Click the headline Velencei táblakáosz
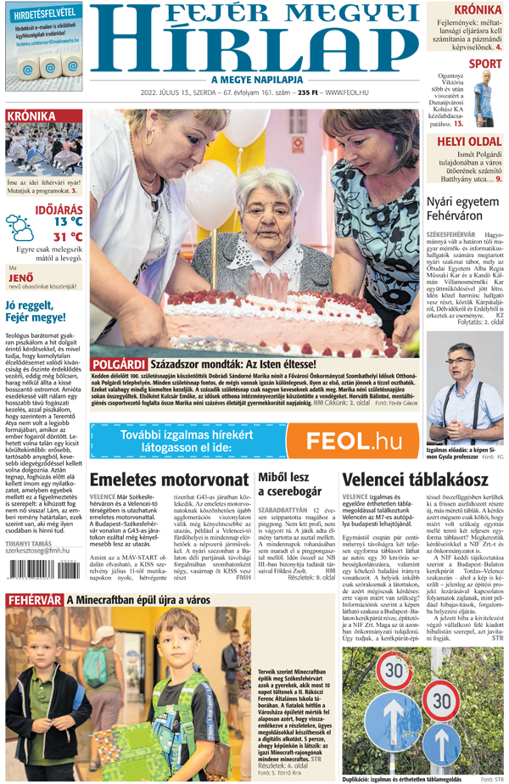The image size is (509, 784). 401,479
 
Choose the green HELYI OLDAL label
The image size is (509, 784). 467,141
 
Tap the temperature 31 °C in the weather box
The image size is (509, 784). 68,237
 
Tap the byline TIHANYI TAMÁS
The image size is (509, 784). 30,542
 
